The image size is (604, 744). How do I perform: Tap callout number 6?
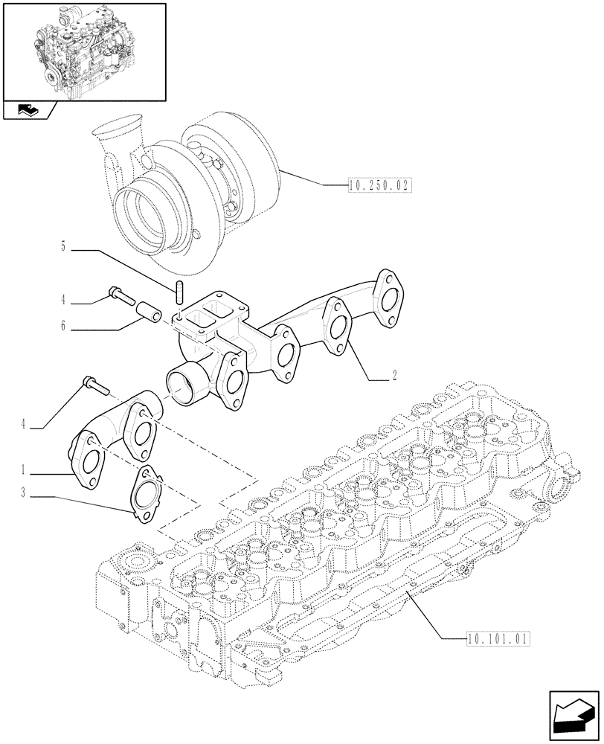point(64,326)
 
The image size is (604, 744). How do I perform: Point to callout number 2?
point(394,376)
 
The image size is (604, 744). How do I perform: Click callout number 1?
point(25,470)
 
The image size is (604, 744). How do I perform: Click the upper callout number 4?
point(64,301)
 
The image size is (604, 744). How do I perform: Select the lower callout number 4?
point(25,424)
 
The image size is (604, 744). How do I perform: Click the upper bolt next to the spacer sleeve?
point(120,294)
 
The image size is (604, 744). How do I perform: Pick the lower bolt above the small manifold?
point(94,385)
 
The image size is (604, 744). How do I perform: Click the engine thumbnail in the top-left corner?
point(84,51)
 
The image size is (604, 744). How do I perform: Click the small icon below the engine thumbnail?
point(29,112)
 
